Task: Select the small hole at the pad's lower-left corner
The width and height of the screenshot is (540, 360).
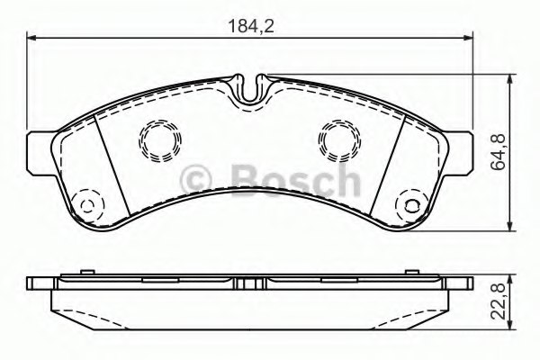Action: click(x=86, y=204)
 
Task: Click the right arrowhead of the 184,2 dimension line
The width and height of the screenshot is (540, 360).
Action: click(x=470, y=37)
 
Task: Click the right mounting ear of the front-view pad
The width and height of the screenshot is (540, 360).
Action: click(x=461, y=146)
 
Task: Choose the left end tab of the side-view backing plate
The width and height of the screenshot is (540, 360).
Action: click(x=40, y=283)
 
